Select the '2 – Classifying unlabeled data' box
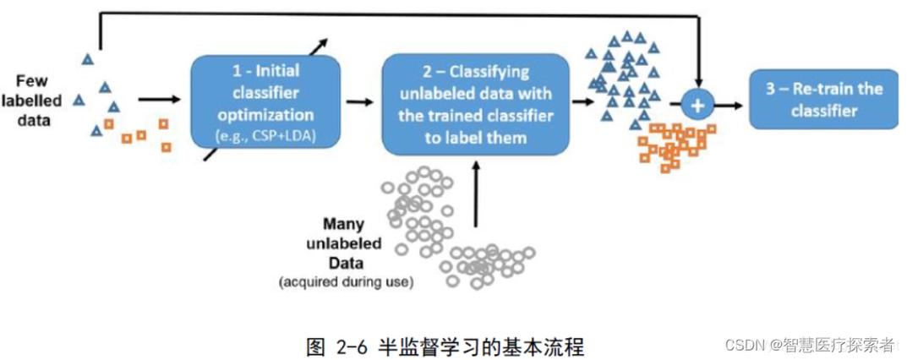(x=476, y=104)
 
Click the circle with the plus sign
(x=697, y=105)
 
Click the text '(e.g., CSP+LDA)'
(x=266, y=135)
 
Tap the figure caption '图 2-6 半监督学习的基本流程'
(x=445, y=346)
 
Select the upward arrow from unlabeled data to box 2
(x=476, y=194)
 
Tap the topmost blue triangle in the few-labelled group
(x=87, y=59)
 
